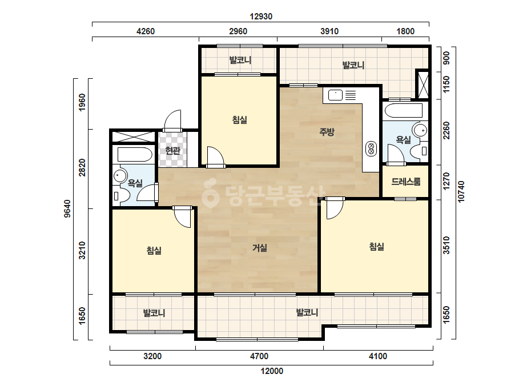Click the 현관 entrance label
click(173, 150)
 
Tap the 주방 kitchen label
click(327, 131)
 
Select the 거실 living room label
click(260, 248)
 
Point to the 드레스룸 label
click(405, 182)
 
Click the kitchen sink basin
click(335, 95)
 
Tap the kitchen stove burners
click(371, 148)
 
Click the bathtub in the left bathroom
click(135, 154)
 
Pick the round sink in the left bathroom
click(120, 175)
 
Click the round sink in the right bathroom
click(420, 130)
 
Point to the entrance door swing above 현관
click(172, 120)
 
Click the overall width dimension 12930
click(261, 16)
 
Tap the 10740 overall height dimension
click(461, 192)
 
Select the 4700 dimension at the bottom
click(259, 356)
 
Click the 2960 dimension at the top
click(238, 31)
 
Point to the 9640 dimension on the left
click(67, 208)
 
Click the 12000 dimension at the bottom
click(272, 371)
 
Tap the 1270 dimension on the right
click(446, 181)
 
